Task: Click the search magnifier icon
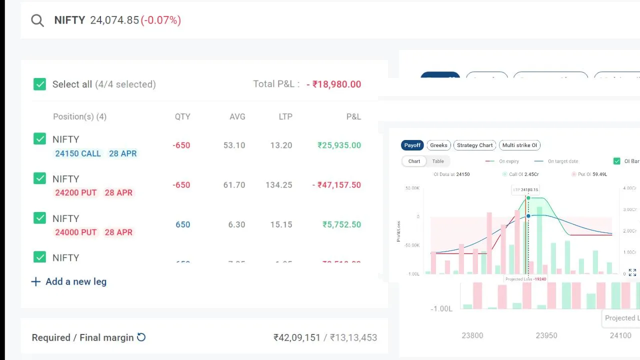[37, 20]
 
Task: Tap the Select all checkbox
[39, 84]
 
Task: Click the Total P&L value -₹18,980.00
[336, 84]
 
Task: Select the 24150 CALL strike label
[78, 153]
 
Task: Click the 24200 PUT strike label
[76, 192]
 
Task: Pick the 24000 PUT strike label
[76, 232]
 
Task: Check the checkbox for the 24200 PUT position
[39, 178]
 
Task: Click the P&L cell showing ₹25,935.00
[339, 145]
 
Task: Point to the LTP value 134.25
[278, 184]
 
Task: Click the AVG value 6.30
[236, 224]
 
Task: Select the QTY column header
[182, 116]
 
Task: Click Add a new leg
[69, 281]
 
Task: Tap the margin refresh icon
[141, 337]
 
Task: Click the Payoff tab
[412, 145]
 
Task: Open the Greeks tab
[438, 145]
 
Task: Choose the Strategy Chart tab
[474, 145]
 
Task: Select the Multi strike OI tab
[519, 145]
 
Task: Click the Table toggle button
[438, 161]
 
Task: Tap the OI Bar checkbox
[616, 161]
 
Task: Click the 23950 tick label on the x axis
[546, 335]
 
